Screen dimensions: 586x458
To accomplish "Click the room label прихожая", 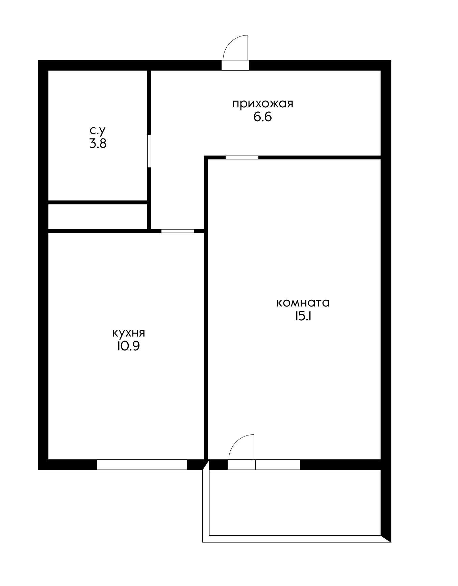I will (262, 104).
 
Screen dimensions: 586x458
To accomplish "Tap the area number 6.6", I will (262, 117).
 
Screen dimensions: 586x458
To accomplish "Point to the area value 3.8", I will (98, 144).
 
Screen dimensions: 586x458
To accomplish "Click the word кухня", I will (128, 333).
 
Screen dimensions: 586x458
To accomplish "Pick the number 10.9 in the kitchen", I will (128, 346).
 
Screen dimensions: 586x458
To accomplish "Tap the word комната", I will (303, 302).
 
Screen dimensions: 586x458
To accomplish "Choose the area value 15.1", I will (303, 316).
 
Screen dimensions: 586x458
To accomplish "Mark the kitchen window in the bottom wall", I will (142, 464).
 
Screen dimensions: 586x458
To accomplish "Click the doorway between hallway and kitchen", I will (178, 231).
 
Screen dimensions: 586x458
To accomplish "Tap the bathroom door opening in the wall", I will (149, 151).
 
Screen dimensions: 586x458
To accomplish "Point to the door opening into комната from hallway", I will (242, 157).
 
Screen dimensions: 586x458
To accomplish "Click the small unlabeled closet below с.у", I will (98, 216).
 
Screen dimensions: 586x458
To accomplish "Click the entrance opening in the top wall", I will (235, 65).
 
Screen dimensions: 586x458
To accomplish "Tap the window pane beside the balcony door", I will (278, 464).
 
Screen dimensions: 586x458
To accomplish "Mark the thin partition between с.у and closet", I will (98, 202).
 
